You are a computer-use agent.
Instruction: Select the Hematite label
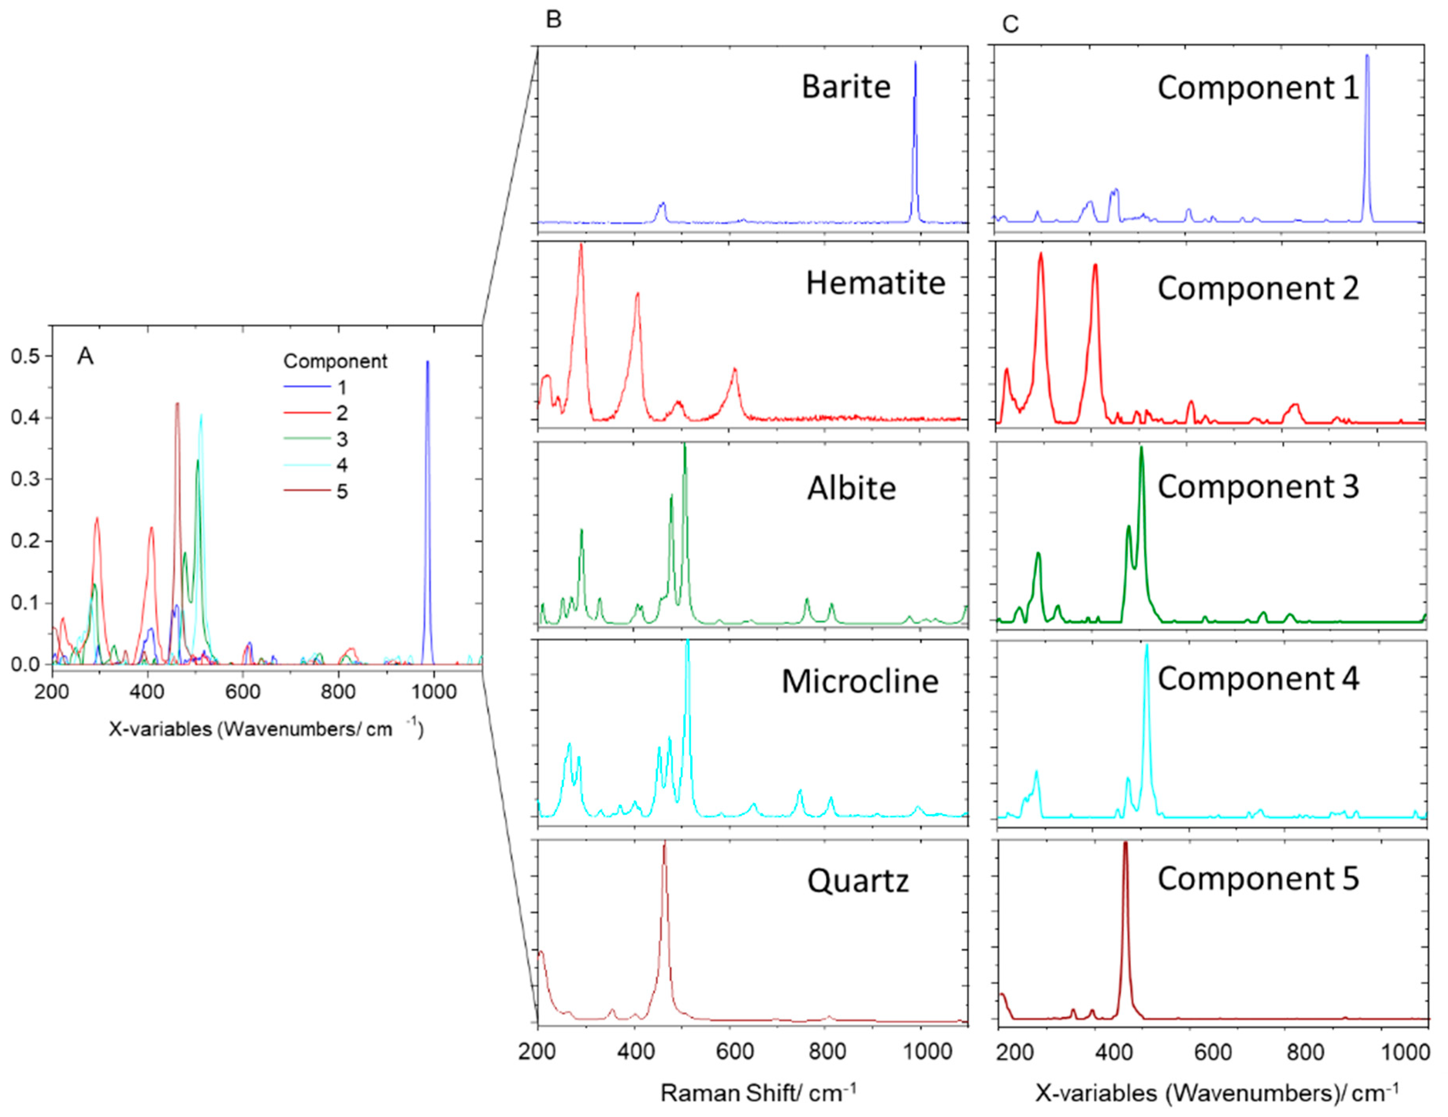click(875, 283)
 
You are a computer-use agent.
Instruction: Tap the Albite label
click(851, 488)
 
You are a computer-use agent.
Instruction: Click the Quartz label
click(857, 881)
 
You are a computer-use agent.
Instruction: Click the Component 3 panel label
click(1258, 486)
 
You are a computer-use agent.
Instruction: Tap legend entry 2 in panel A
click(342, 413)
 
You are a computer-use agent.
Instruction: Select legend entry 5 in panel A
click(342, 491)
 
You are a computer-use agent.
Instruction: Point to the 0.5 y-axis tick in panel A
click(26, 356)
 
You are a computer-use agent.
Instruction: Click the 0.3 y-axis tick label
click(26, 480)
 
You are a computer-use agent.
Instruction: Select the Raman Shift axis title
click(758, 1093)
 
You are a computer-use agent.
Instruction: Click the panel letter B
click(554, 20)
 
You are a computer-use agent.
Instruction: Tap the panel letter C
click(1010, 24)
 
